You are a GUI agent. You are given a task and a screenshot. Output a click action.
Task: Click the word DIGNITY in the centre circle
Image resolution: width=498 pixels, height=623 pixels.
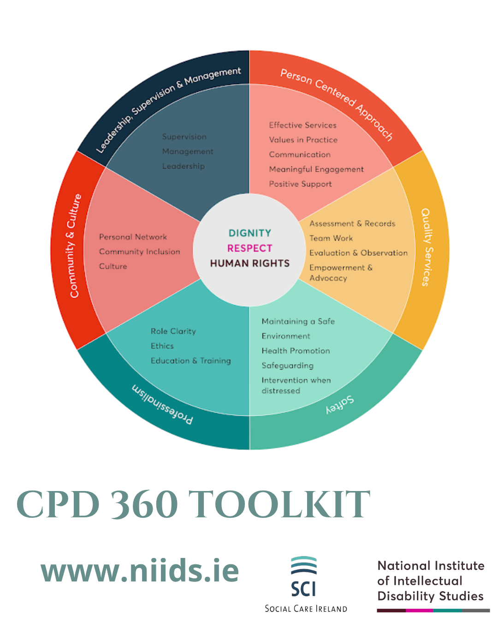(x=250, y=233)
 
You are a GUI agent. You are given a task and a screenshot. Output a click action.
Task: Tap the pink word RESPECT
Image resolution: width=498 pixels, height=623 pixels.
(x=250, y=248)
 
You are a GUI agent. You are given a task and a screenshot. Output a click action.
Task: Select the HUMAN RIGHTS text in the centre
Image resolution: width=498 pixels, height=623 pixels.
(x=250, y=264)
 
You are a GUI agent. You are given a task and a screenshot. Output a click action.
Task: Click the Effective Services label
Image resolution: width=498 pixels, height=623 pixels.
(x=302, y=125)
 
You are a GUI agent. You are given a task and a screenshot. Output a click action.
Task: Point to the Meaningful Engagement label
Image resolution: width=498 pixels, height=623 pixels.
(x=316, y=169)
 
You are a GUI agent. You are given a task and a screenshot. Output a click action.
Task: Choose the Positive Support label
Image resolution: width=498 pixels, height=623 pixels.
(x=300, y=184)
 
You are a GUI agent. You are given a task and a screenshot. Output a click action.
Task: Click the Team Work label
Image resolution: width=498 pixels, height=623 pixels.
(x=331, y=238)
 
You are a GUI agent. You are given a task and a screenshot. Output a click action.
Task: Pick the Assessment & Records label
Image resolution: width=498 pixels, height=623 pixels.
(x=352, y=223)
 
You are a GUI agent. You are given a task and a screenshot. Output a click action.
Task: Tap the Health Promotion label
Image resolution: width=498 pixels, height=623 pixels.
(x=296, y=351)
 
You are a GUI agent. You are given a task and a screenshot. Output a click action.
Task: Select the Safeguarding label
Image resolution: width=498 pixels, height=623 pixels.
(x=287, y=365)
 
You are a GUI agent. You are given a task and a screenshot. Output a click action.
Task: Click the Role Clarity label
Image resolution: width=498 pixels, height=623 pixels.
(x=173, y=331)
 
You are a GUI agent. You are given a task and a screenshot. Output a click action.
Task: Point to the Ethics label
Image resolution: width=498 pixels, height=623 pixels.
(x=162, y=346)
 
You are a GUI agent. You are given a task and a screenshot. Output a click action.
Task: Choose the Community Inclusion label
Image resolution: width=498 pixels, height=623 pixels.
(x=139, y=252)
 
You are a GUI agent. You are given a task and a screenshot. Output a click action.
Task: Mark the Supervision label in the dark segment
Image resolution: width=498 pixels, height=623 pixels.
(x=184, y=137)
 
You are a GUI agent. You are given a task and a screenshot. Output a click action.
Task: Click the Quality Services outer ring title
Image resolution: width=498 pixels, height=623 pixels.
(x=427, y=247)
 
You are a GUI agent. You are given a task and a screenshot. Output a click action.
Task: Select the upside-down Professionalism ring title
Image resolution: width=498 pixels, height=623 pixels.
(x=162, y=404)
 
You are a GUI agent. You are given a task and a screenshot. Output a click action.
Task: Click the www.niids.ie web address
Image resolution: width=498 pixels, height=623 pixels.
(x=140, y=571)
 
